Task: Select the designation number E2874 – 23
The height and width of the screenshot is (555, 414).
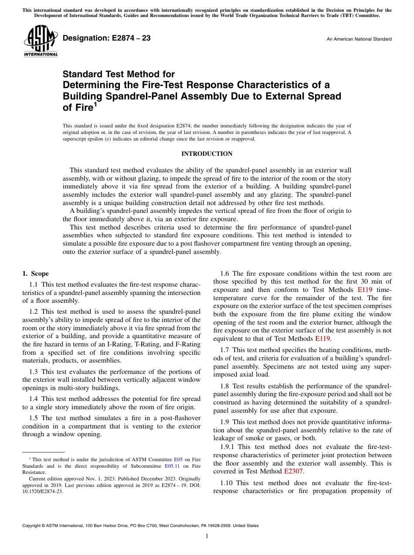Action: (107, 38)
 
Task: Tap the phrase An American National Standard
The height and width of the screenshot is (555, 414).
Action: (359, 39)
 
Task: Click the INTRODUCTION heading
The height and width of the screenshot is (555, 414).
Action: (207, 154)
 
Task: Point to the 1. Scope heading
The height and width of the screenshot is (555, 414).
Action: (35, 274)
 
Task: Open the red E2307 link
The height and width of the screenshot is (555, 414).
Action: (293, 471)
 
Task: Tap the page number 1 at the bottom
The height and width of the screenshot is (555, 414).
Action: (207, 536)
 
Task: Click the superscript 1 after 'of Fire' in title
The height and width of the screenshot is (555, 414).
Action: (95, 104)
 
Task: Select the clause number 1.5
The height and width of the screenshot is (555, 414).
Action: (34, 418)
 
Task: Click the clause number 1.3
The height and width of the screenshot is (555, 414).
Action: (34, 372)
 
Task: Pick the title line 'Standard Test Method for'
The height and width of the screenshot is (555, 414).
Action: (119, 74)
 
